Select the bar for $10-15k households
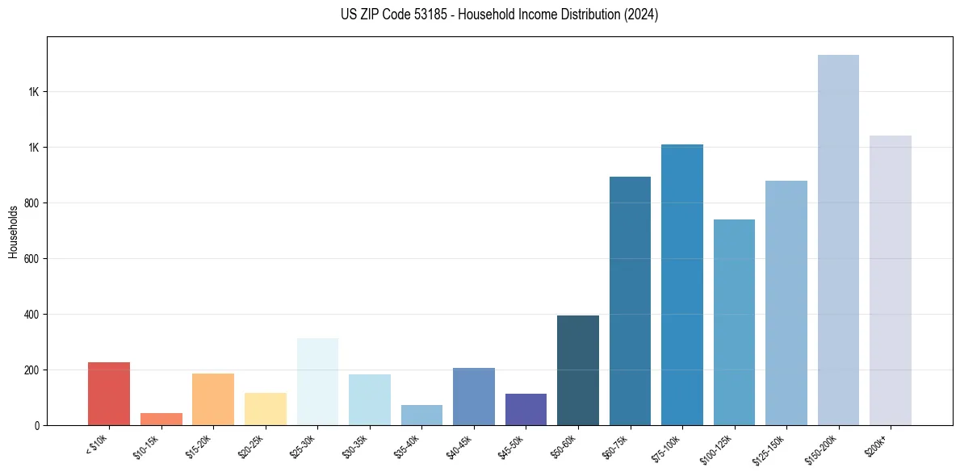pos(161,419)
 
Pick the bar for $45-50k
pos(526,409)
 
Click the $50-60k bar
pos(578,370)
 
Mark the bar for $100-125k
pos(734,322)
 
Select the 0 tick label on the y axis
pos(36,425)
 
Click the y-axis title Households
pos(14,232)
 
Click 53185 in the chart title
pos(430,15)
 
